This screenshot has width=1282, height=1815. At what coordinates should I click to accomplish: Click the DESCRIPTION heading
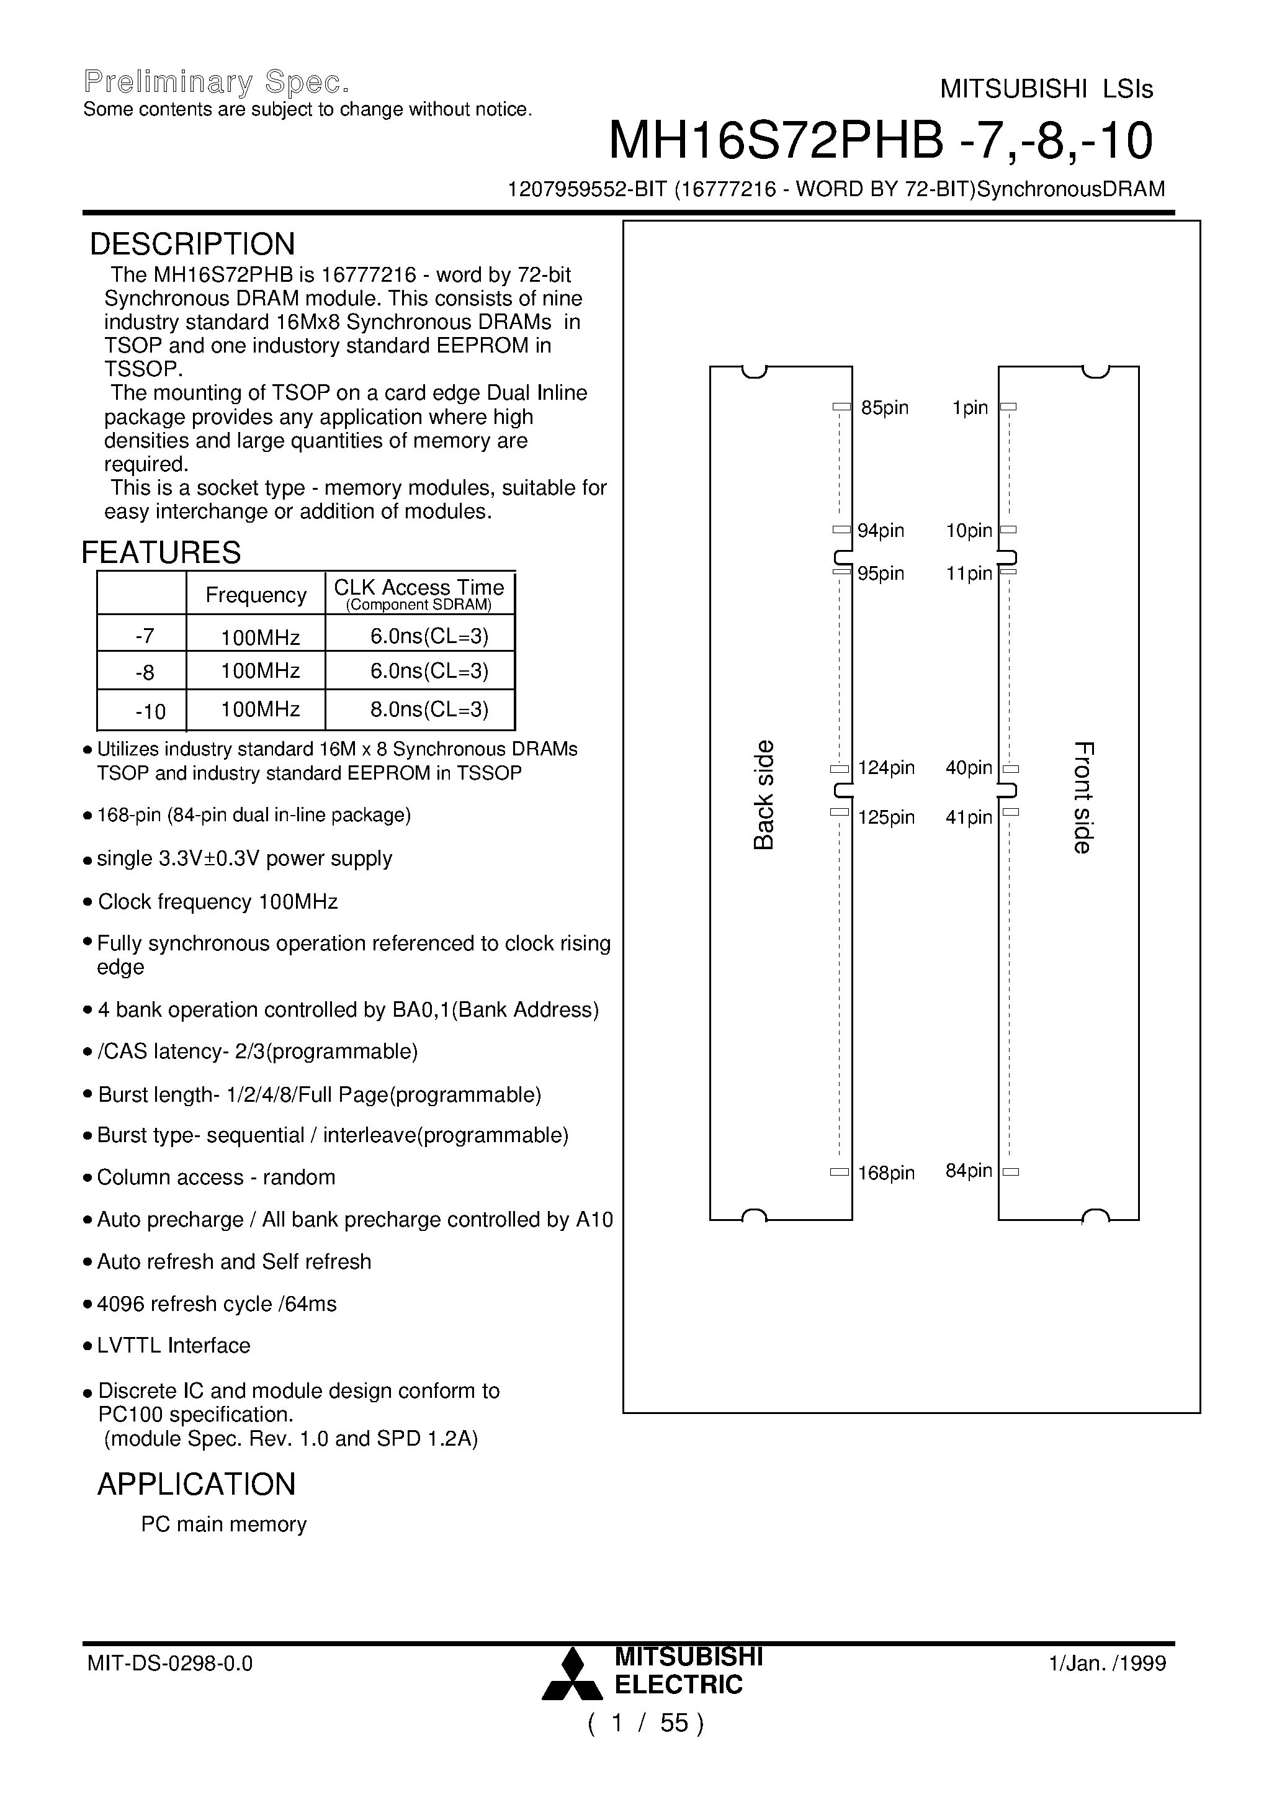[x=192, y=245]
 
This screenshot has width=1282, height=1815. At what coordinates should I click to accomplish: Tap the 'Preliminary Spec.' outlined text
[x=216, y=82]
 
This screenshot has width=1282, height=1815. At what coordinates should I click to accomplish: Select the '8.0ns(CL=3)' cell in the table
[x=429, y=709]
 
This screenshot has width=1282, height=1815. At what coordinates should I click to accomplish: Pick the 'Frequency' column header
[x=256, y=595]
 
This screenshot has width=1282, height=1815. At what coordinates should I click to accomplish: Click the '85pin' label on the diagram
[x=884, y=408]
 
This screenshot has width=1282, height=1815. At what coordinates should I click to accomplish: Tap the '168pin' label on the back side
[x=886, y=1173]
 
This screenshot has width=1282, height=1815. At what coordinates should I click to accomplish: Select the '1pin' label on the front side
[x=970, y=408]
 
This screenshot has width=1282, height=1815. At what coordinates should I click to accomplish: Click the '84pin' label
[x=968, y=1171]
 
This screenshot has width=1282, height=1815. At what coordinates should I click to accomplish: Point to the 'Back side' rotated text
[x=763, y=795]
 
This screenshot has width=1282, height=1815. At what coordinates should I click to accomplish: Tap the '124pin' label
[x=886, y=768]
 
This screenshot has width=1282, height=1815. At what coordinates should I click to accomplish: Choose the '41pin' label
[x=968, y=817]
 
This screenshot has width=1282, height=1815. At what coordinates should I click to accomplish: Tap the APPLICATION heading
[x=196, y=1485]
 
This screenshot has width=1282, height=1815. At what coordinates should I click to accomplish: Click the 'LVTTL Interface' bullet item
[x=174, y=1346]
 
